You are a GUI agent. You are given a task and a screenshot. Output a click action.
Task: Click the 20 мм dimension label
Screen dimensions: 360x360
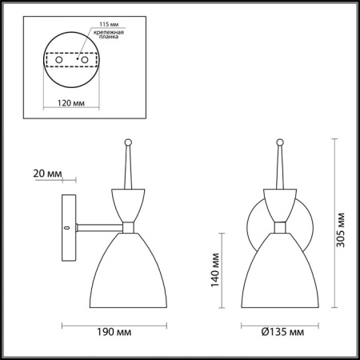point(38,172)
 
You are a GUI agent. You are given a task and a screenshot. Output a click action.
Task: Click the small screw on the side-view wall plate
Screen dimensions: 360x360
point(66,227)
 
